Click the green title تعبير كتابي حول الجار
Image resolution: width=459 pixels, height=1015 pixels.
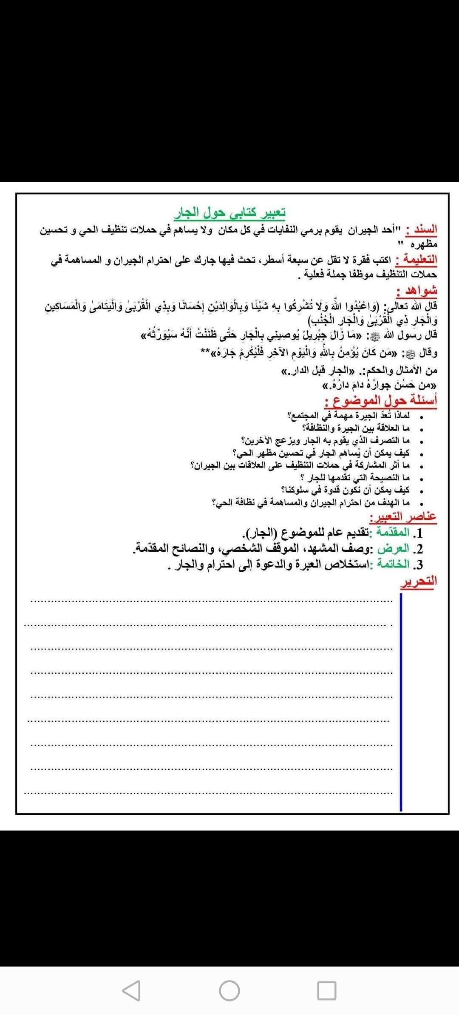229,212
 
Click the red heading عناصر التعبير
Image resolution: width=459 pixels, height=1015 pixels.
403,516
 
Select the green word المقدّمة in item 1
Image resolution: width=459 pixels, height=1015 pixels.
391,532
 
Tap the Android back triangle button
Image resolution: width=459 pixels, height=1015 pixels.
131,990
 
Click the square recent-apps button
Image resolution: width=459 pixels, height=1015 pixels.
326,990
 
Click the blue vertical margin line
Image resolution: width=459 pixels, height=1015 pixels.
401,701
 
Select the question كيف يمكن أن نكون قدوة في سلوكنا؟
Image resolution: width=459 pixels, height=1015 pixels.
345,490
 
